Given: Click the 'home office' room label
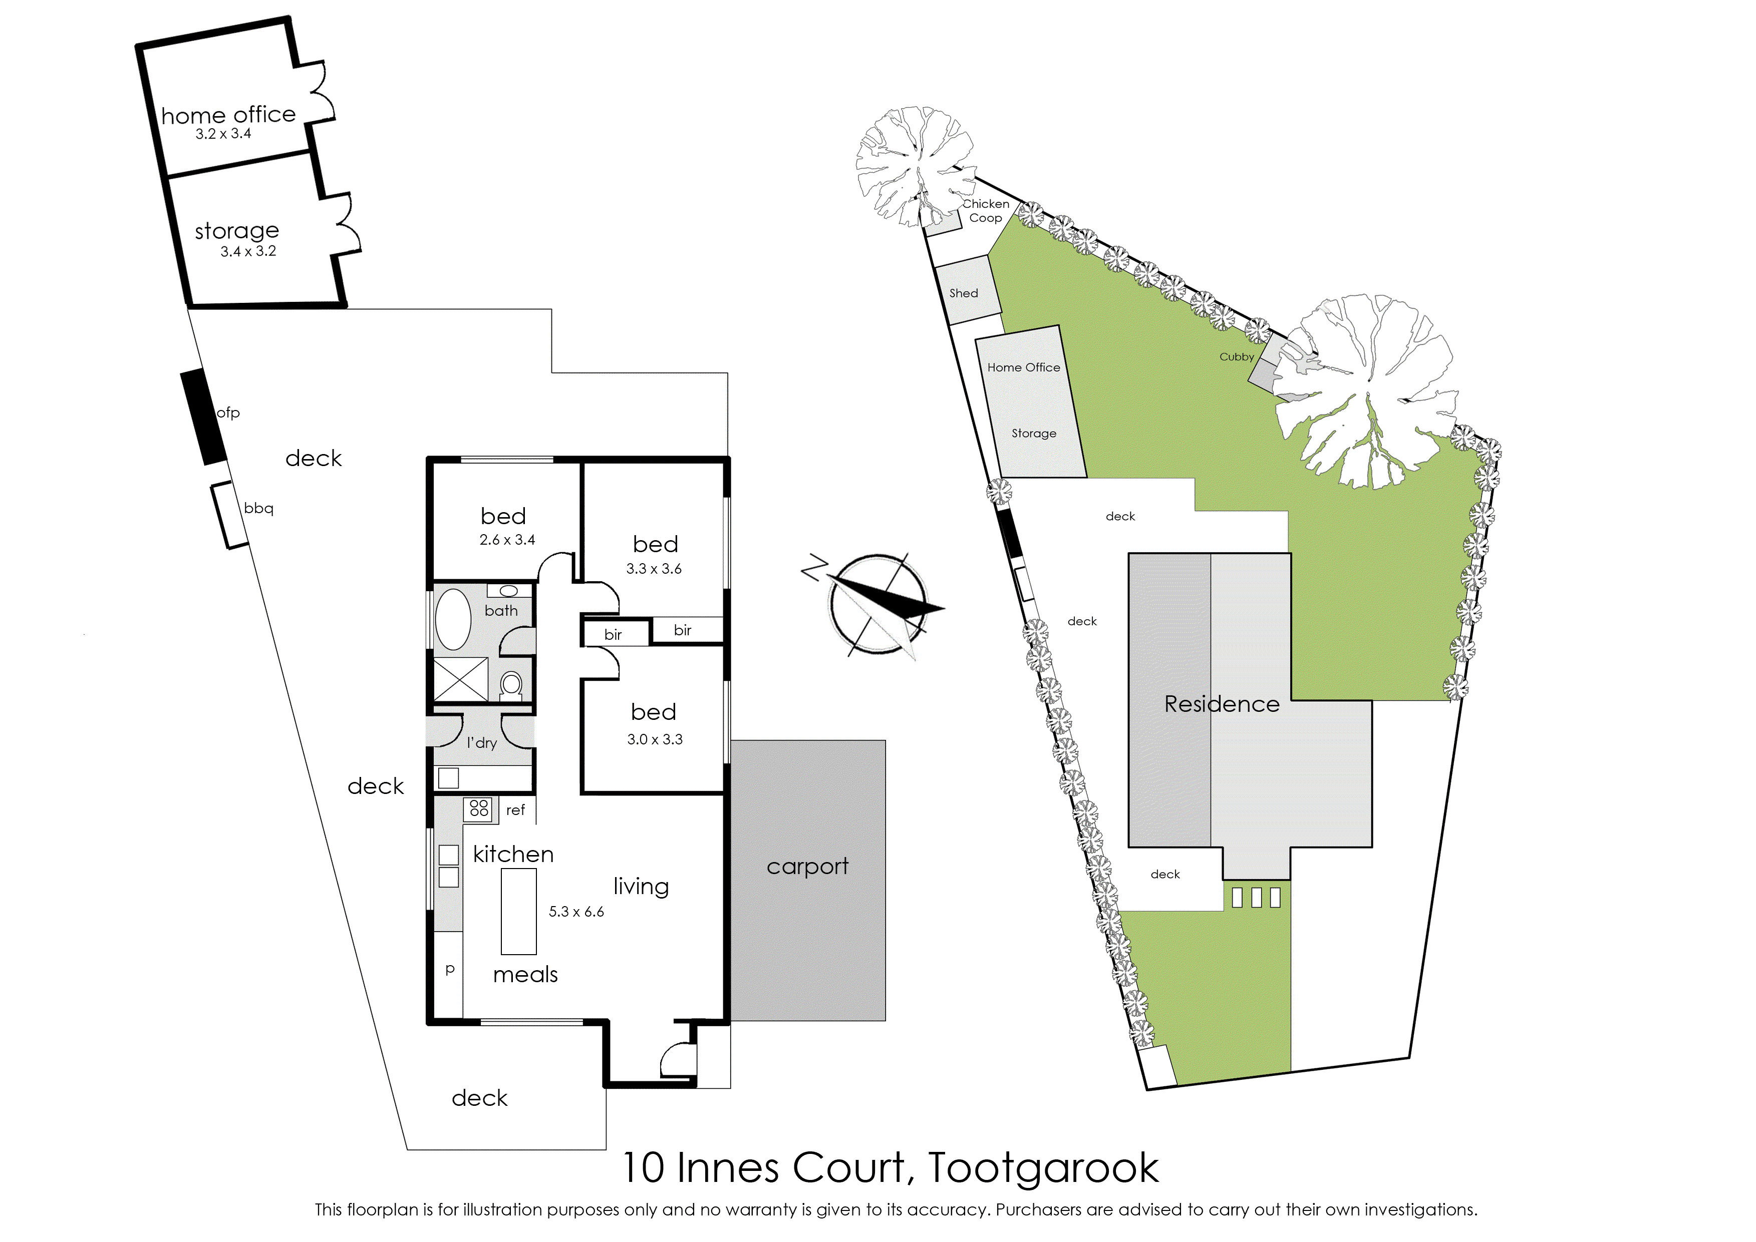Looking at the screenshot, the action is coord(228,115).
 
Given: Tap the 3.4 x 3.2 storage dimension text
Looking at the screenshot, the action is coord(248,251).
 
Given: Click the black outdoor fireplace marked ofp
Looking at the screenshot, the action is coord(203,417).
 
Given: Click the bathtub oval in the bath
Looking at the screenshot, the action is coord(453,619).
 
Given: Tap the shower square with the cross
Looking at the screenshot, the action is coord(461,679).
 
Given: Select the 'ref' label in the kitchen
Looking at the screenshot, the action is coord(516,810).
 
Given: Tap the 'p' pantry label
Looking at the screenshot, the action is coord(450,969).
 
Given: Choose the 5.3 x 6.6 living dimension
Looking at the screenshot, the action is coord(576,912).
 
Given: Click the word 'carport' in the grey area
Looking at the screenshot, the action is coord(807,867).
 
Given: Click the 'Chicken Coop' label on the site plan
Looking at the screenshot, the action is coord(986,210).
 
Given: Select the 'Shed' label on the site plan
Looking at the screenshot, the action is coord(963,293).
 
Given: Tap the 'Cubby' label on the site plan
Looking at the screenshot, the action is coord(1237,357).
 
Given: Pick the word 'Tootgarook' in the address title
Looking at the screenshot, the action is coord(1044,1168).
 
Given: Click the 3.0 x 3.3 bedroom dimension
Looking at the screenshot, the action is coord(655,739).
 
